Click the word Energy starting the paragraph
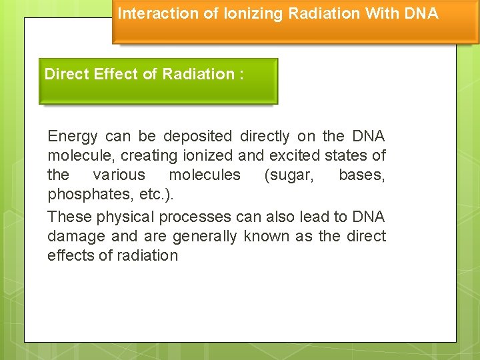(73, 137)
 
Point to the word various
(119, 175)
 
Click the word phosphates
(84, 195)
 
